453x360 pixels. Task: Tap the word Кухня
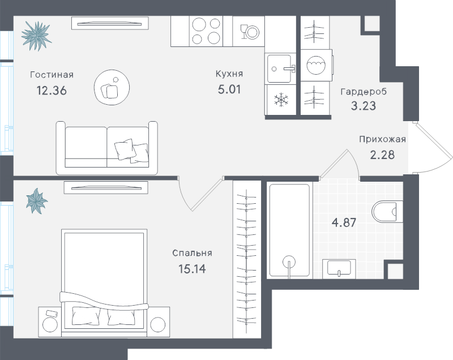tap(229, 74)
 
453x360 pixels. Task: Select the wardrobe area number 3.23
tap(363, 105)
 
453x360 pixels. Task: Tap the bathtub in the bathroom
tap(289, 229)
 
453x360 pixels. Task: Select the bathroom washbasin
tap(339, 269)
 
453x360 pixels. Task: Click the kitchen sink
tap(281, 68)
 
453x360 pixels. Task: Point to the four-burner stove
tap(202, 31)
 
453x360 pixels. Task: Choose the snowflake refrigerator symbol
tap(281, 101)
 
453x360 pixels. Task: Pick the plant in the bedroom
tap(37, 202)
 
